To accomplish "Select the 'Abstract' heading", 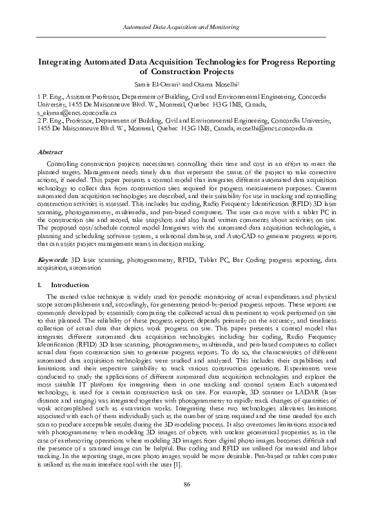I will tap(50, 152).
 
